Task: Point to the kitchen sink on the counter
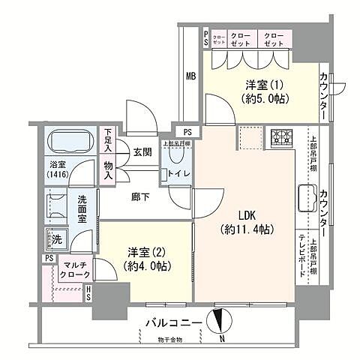(307, 199)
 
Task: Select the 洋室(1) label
(256, 91)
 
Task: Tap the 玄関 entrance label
(142, 151)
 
